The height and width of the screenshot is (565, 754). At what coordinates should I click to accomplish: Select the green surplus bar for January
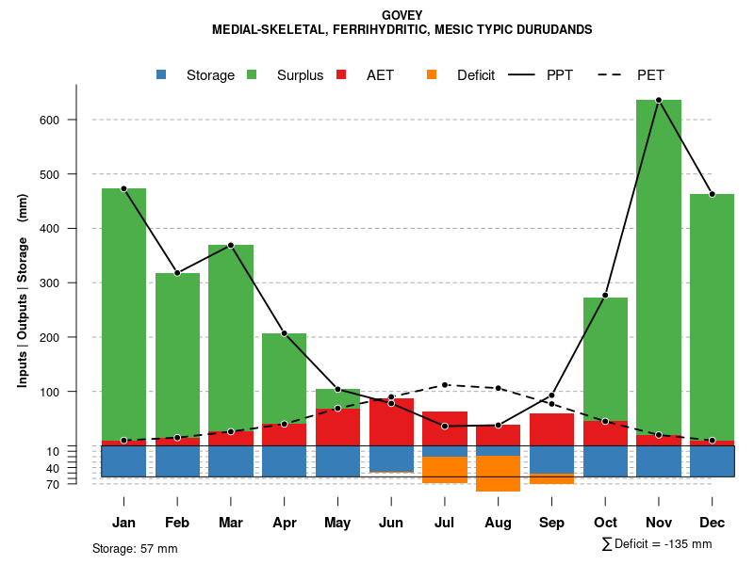pos(123,311)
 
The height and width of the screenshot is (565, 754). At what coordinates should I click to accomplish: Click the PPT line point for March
pos(231,245)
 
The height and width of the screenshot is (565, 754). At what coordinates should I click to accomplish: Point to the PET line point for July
pos(445,385)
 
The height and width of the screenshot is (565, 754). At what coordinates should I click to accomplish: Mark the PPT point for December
pos(712,194)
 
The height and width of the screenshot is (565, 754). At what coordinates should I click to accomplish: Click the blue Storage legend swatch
pos(162,75)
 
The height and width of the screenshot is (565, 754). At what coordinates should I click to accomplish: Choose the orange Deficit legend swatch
pos(433,75)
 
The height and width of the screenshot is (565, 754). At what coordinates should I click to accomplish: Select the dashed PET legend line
pos(614,75)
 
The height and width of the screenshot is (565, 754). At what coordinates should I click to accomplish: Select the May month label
pos(337,523)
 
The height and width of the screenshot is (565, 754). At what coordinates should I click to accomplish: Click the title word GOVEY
pos(402,15)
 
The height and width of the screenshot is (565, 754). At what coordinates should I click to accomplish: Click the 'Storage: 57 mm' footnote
pos(135,548)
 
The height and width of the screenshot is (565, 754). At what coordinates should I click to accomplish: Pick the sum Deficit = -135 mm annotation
pos(657,544)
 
